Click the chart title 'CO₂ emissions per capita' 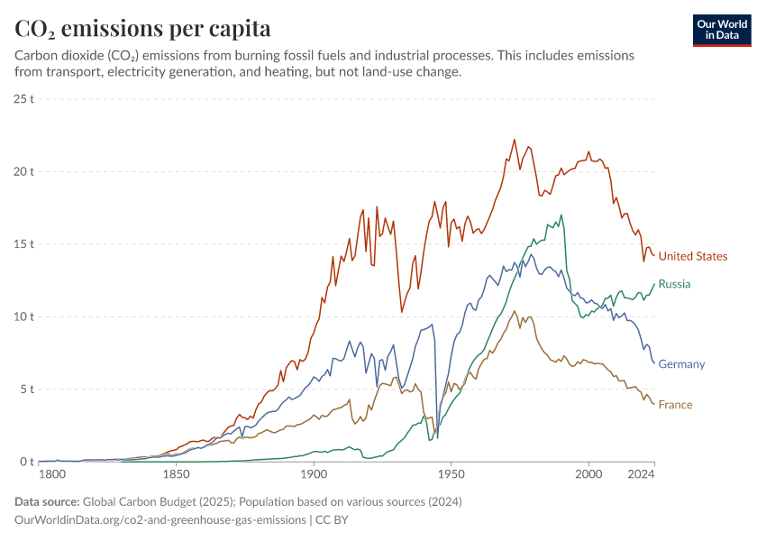click(x=142, y=29)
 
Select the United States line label click(x=692, y=256)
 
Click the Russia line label click(x=674, y=284)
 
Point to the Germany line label click(x=681, y=364)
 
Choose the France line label click(x=675, y=405)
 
